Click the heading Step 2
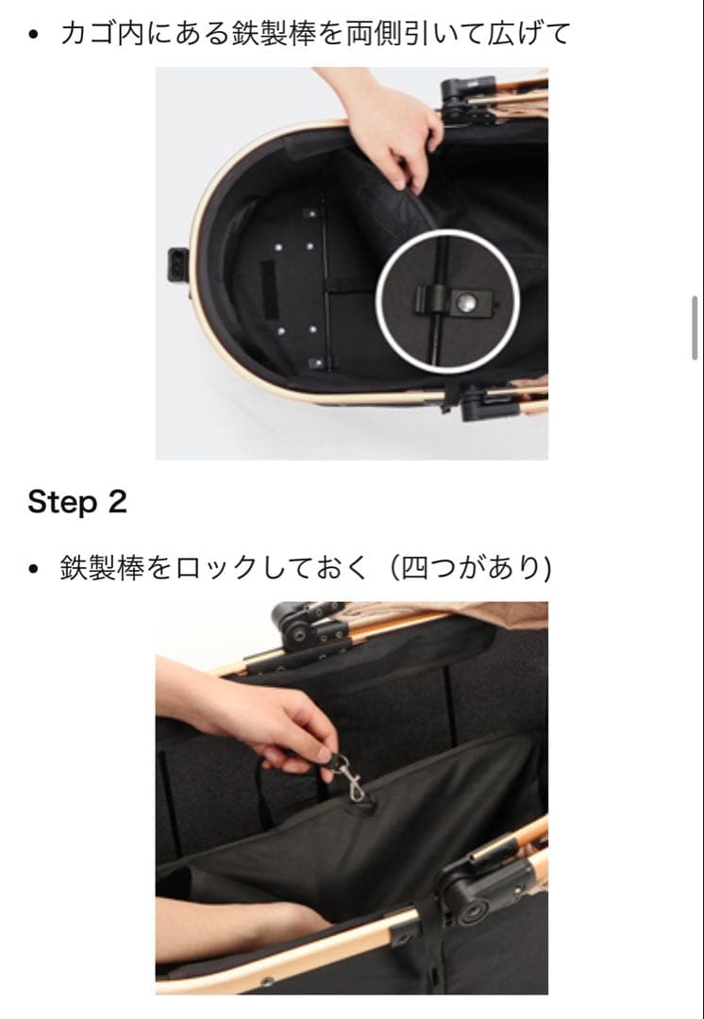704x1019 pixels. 76,502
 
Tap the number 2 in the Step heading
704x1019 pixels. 116,502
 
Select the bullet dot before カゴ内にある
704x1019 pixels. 34,36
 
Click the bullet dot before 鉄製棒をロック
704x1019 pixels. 34,569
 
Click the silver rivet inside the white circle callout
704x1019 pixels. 465,301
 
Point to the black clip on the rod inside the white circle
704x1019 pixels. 430,301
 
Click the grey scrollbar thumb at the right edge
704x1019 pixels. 695,326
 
